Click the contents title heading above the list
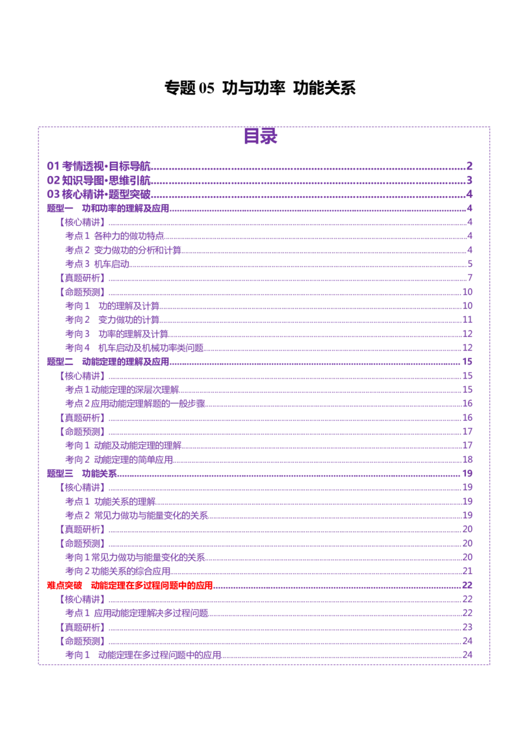262,136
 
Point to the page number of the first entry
469,166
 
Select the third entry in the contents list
98,193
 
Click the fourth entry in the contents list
108,208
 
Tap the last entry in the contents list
144,655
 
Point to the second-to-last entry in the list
81,642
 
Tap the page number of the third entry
469,194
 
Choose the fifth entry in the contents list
81,222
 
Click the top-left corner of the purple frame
38,126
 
